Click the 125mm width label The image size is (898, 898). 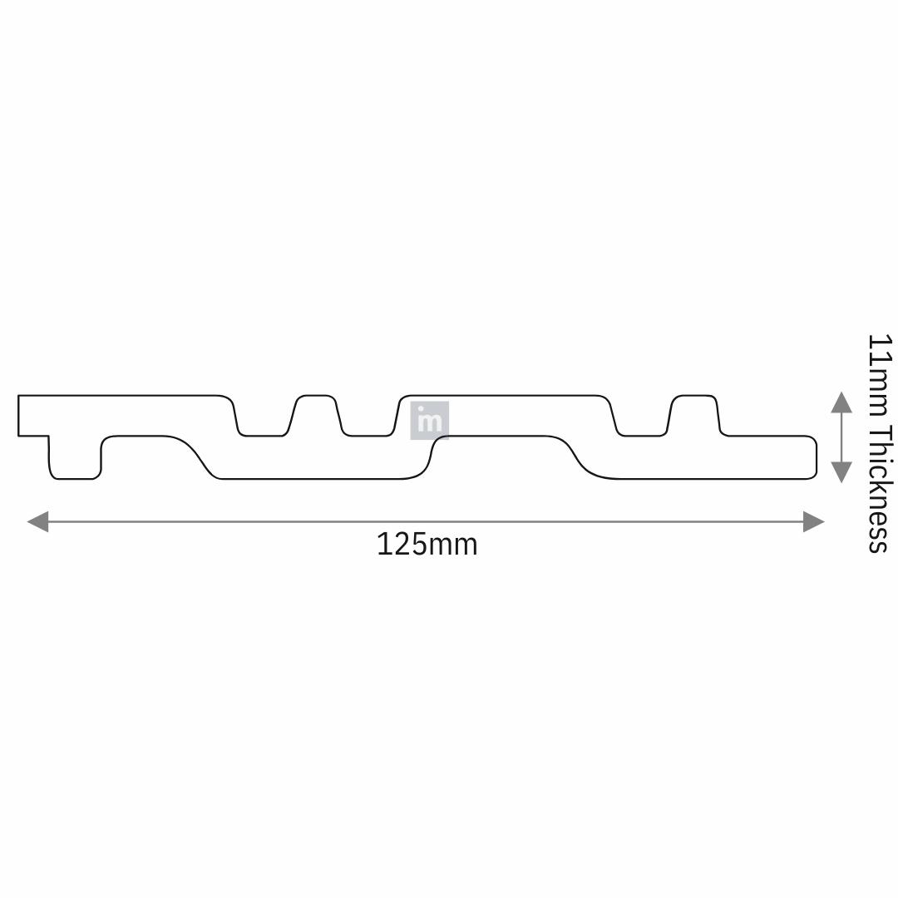(x=427, y=544)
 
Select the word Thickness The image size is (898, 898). (x=879, y=489)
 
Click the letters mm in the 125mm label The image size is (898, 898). (x=452, y=547)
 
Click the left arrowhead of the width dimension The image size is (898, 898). (x=37, y=521)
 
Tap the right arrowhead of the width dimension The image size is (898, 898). (x=814, y=521)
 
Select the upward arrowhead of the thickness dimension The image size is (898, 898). (x=841, y=402)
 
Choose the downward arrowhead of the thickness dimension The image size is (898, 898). (x=841, y=472)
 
